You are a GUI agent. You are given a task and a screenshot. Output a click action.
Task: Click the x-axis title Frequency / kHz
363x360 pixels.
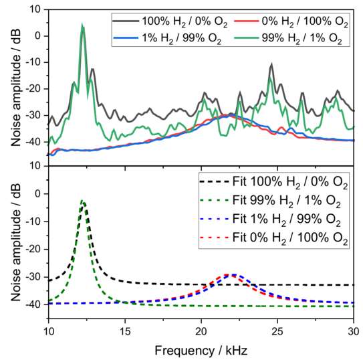pos(201,349)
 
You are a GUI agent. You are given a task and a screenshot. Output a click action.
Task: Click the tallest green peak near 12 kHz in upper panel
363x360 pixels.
pos(82,26)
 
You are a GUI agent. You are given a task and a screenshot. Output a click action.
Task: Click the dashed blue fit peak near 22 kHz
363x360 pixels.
pos(233,274)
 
